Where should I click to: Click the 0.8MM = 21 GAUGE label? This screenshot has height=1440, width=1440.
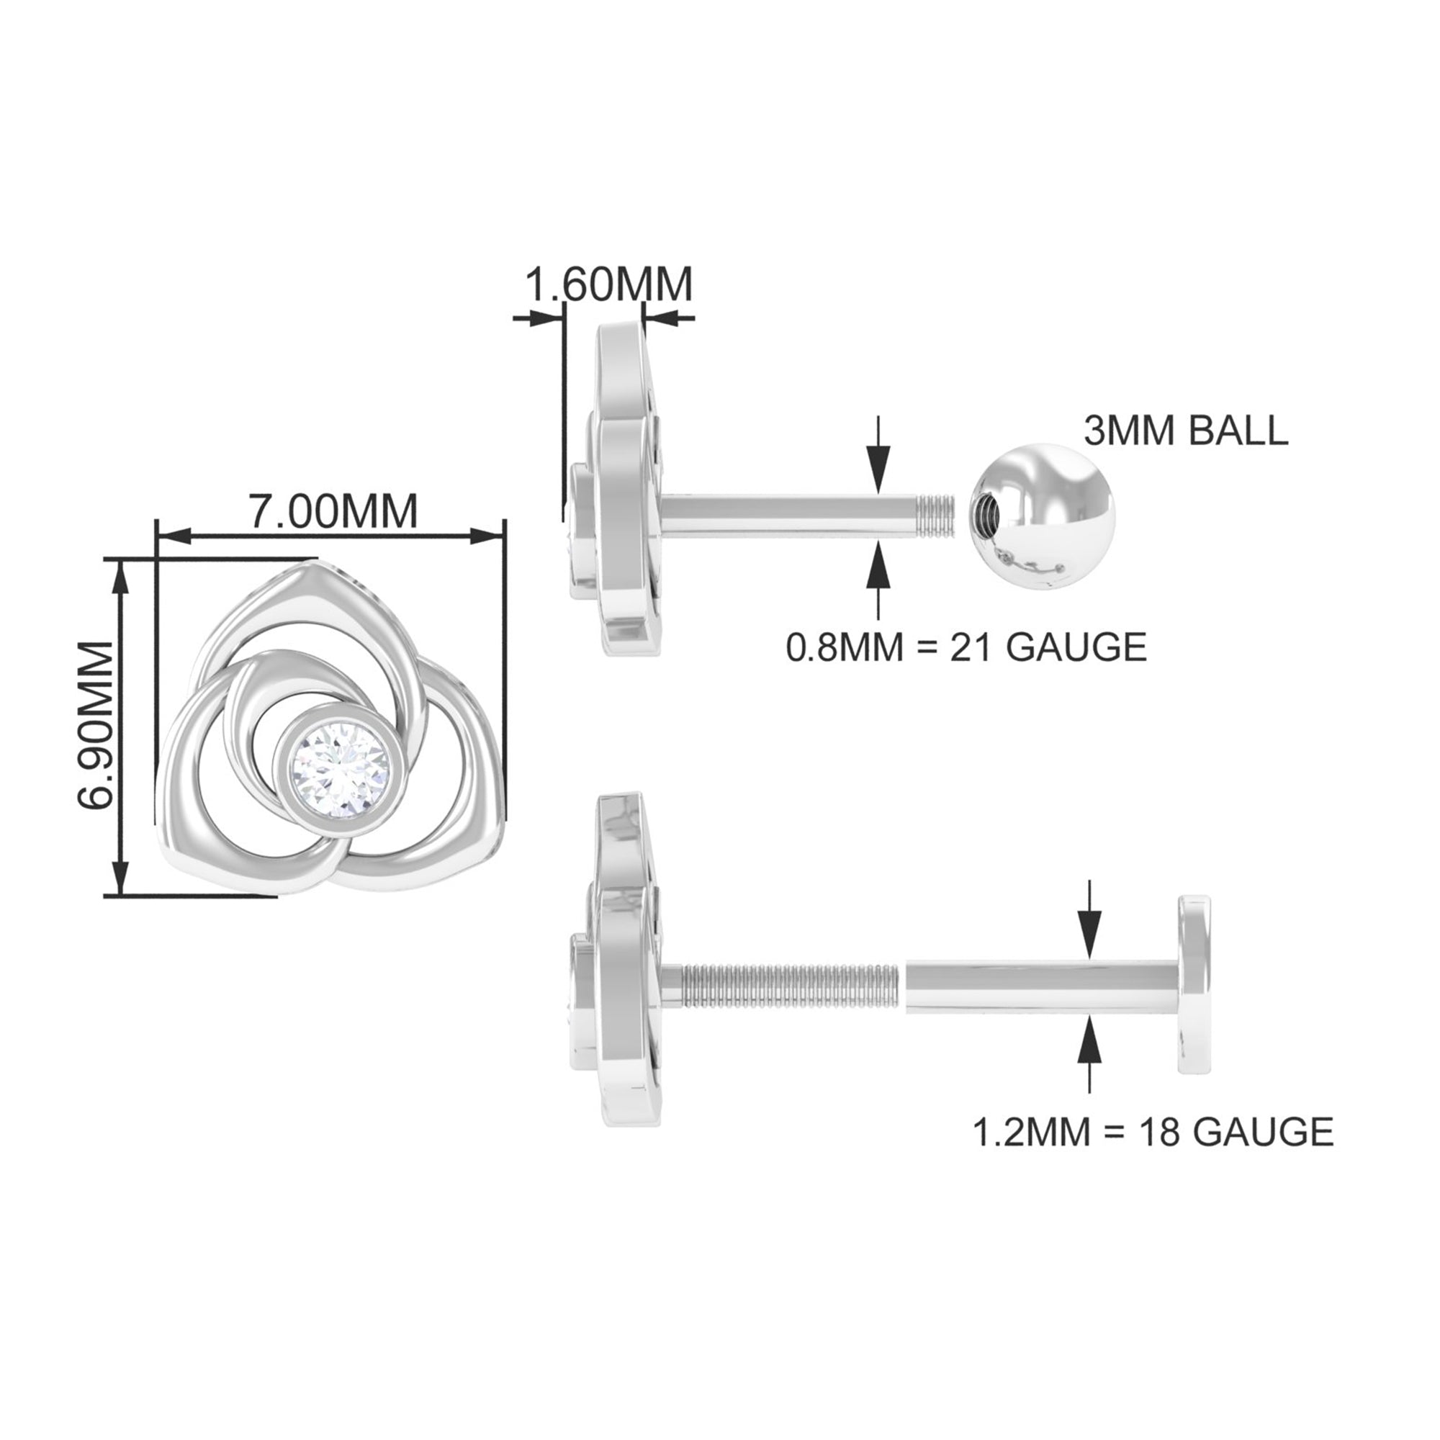(966, 647)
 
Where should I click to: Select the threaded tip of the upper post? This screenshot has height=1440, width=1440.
(935, 514)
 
